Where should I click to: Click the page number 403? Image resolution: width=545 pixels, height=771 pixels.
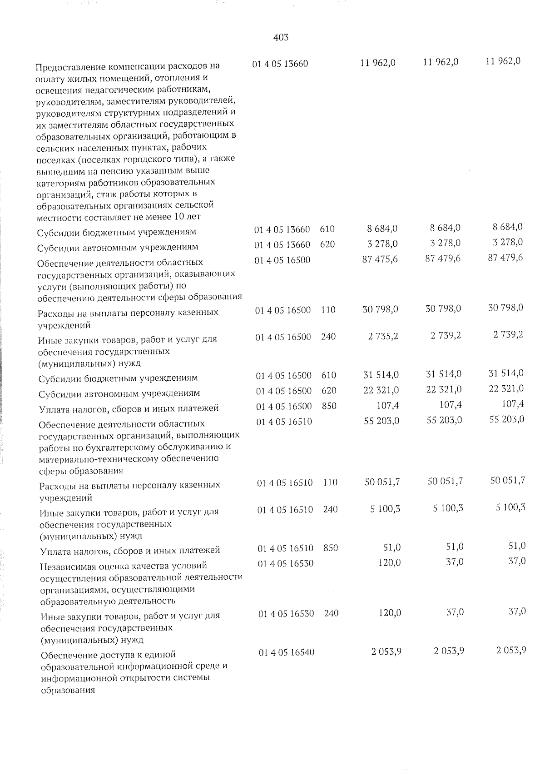(x=281, y=38)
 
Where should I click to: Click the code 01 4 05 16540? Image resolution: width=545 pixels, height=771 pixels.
(x=287, y=652)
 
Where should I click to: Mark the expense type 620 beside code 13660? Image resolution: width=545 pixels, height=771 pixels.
(x=327, y=244)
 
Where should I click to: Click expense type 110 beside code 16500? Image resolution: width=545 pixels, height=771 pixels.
(x=328, y=310)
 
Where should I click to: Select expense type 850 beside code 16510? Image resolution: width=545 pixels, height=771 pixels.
(x=331, y=548)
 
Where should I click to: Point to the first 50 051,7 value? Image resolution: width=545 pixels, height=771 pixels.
(x=382, y=482)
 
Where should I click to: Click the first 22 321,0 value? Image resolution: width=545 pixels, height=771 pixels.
(x=381, y=389)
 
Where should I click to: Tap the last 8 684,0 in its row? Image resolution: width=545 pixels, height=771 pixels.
(x=507, y=227)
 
